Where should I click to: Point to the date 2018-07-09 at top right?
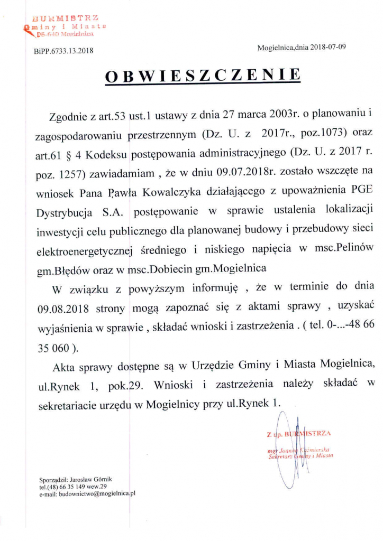click(x=329, y=47)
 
